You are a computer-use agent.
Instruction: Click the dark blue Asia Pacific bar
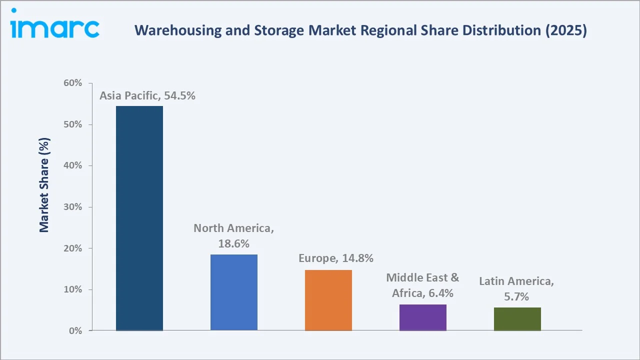pyautogui.click(x=139, y=218)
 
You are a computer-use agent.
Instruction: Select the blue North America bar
pyautogui.click(x=234, y=292)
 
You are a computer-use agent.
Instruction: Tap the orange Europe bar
pyautogui.click(x=328, y=300)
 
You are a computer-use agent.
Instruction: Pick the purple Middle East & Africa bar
pyautogui.click(x=423, y=317)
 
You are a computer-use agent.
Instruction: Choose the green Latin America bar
pyautogui.click(x=517, y=319)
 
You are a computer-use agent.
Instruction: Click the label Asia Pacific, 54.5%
pyautogui.click(x=147, y=96)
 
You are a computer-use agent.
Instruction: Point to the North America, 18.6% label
pyautogui.click(x=234, y=236)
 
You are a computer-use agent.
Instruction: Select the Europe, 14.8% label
pyautogui.click(x=336, y=258)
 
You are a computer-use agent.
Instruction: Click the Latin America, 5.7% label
pyautogui.click(x=516, y=289)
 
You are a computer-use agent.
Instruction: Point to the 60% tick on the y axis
pyautogui.click(x=72, y=83)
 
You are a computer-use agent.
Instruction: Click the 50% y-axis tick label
pyautogui.click(x=72, y=124)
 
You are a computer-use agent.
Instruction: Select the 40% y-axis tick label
pyautogui.click(x=72, y=165)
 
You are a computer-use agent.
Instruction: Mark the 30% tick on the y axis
pyautogui.click(x=72, y=207)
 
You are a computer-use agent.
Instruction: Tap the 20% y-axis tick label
pyautogui.click(x=72, y=248)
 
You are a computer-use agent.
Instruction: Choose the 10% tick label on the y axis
pyautogui.click(x=72, y=289)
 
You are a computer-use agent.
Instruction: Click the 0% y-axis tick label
pyautogui.click(x=75, y=331)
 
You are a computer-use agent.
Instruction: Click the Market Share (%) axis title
pyautogui.click(x=44, y=184)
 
